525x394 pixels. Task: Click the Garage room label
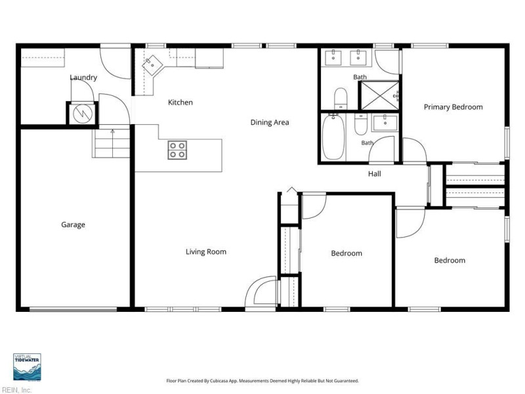point(73,225)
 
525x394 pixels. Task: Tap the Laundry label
point(83,77)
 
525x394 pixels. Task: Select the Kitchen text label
point(180,102)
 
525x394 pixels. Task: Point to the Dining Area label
point(270,122)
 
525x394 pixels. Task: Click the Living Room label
point(206,252)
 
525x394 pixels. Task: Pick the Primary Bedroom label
point(453,107)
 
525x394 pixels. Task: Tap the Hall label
point(374,173)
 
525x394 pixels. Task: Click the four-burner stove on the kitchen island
point(177,150)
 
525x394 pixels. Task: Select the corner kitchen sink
point(152,65)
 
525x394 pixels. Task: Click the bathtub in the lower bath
point(333,137)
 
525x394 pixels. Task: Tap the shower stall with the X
point(379,95)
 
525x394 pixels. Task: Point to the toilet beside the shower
point(341,98)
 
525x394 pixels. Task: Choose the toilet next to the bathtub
point(360,124)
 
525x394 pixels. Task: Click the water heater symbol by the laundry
point(83,114)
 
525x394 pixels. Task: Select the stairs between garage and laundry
point(111,143)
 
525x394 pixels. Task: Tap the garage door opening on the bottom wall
point(73,309)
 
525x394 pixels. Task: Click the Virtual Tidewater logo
point(27,367)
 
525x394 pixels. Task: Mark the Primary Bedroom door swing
point(414,150)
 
